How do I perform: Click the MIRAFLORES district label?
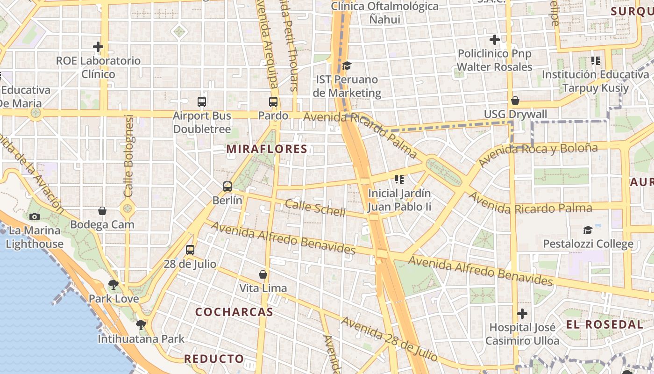coord(267,149)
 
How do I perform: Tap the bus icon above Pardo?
coord(273,101)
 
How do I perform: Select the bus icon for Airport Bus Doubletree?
coord(202,101)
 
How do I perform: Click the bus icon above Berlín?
coord(227,186)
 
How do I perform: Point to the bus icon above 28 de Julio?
coord(190,250)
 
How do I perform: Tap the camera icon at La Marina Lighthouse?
coord(34,216)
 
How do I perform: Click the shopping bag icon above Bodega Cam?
coord(102,211)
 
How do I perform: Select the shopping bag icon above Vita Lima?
coord(263,274)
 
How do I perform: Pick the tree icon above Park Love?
coord(114,284)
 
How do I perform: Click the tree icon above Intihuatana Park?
coord(141,324)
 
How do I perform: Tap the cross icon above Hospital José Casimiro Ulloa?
coord(522,314)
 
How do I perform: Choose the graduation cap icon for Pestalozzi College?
coord(588,230)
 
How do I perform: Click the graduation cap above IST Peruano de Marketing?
coord(347,65)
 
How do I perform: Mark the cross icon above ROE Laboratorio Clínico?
coord(98,47)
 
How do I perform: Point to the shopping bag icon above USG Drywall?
coord(515,101)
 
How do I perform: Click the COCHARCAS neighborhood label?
coord(234,312)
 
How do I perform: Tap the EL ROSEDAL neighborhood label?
coord(604,324)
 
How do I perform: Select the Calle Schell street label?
coord(315,208)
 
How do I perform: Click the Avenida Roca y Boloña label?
coord(538,155)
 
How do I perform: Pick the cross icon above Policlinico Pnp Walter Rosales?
coord(494,40)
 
